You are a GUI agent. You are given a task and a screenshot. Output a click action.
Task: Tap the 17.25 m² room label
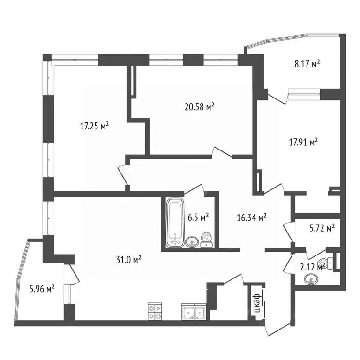[x=95, y=126]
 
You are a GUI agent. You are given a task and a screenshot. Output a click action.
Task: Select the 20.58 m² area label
[x=199, y=107]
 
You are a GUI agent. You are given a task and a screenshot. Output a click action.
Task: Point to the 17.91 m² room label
[x=303, y=141]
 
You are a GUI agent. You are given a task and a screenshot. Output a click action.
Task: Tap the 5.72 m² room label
[x=323, y=228]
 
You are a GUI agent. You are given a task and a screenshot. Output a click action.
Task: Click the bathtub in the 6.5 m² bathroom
[x=175, y=223]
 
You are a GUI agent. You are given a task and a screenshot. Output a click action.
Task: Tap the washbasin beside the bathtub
[x=191, y=242]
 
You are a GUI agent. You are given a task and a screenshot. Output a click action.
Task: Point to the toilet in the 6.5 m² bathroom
[x=206, y=240]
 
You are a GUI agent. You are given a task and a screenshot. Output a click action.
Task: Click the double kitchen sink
[x=193, y=312]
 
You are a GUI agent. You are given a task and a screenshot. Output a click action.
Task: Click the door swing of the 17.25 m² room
[x=123, y=175]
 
